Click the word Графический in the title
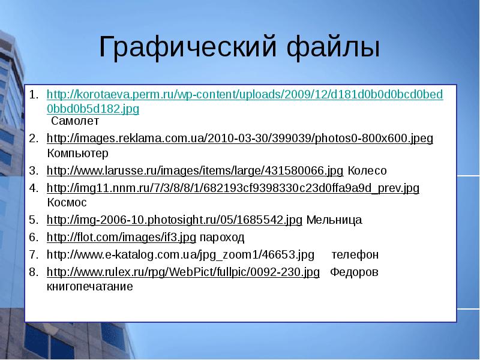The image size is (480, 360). (x=179, y=47)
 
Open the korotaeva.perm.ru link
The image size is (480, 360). (x=245, y=96)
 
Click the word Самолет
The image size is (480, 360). (x=70, y=121)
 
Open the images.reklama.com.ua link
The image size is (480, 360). (x=239, y=139)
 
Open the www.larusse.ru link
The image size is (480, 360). (x=195, y=170)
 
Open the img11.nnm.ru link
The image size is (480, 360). (x=233, y=188)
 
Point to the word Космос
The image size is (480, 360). (x=67, y=202)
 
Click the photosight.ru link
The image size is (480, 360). (x=174, y=220)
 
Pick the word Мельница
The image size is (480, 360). (x=334, y=220)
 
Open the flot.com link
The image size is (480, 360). (x=121, y=237)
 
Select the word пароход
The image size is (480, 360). (x=222, y=237)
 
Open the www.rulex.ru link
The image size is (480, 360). (x=183, y=272)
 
